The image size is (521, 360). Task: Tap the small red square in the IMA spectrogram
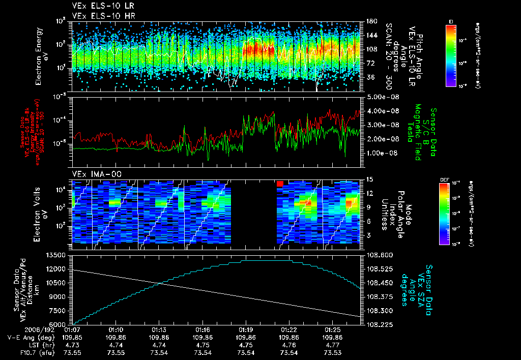[x=279, y=183]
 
